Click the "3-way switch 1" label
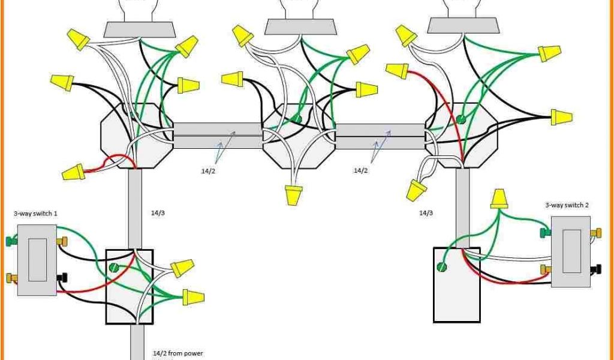click(35, 213)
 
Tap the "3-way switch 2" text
click(567, 205)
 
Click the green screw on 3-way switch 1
click(11, 242)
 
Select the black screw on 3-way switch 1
click(62, 277)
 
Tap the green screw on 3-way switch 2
click(545, 231)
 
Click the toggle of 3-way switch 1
click(37, 260)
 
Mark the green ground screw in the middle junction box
click(298, 119)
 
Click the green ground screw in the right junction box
click(460, 119)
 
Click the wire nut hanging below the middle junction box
click(294, 194)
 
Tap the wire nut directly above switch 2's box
click(498, 199)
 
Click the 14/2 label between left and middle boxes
click(206, 171)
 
